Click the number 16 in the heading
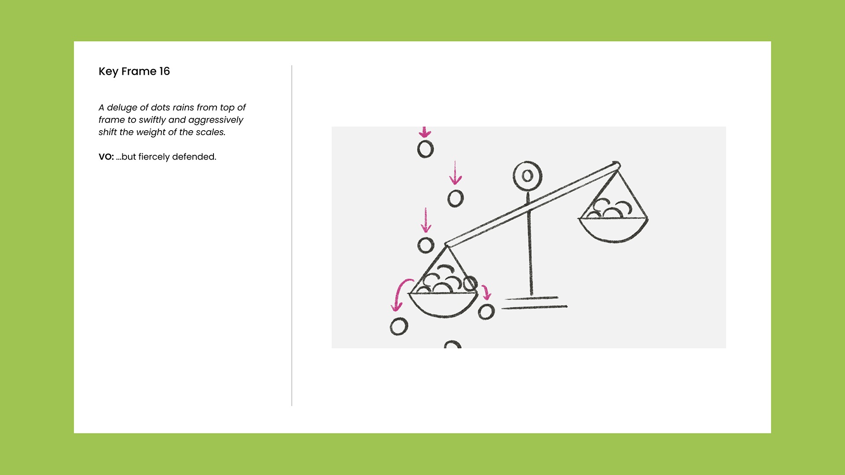[165, 71]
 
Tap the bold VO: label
[106, 157]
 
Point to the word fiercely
[154, 157]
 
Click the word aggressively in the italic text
[216, 120]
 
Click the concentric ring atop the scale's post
[528, 176]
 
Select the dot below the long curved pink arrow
[399, 327]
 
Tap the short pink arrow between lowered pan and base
[486, 292]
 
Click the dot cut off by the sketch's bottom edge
[452, 344]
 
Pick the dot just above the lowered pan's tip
[426, 245]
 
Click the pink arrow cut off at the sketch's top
[424, 132]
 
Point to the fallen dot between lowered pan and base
[486, 312]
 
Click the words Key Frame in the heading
[128, 72]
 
